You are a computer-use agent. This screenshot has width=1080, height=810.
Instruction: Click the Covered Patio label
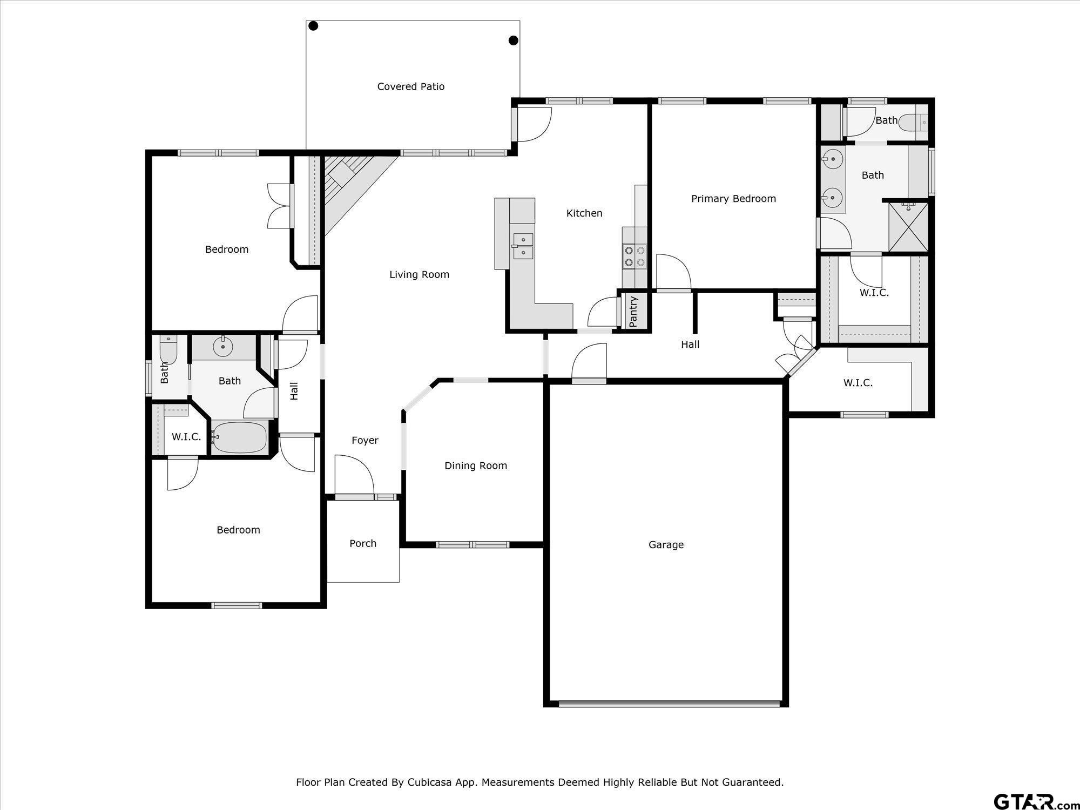coord(410,86)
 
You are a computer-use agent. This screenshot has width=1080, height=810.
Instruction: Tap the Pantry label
coord(633,311)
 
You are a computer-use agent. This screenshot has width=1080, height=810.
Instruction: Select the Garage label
coord(666,545)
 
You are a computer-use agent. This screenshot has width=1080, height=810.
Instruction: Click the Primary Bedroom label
coord(733,199)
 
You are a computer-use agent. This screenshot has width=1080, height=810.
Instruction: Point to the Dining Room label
coord(475,465)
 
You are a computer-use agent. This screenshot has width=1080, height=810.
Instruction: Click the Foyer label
coord(364,440)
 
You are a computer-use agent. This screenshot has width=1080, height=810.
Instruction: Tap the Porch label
coord(362,543)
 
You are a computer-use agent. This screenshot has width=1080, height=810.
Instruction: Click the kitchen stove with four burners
coord(634,256)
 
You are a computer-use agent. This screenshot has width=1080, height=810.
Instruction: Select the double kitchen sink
coord(523,246)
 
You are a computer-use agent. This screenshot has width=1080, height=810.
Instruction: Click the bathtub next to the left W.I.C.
coord(240,437)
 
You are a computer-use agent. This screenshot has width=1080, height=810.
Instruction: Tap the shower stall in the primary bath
coord(908,227)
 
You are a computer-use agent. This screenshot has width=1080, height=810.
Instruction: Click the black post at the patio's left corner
coord(313,26)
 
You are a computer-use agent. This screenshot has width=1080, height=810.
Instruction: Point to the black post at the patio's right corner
coord(514,40)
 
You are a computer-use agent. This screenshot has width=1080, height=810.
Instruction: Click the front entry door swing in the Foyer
coord(354,475)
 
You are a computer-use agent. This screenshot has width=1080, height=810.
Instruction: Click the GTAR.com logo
coord(1034,801)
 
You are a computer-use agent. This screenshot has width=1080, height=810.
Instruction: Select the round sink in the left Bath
coord(222,347)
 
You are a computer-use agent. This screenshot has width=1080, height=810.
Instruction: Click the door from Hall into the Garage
coord(589,363)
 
